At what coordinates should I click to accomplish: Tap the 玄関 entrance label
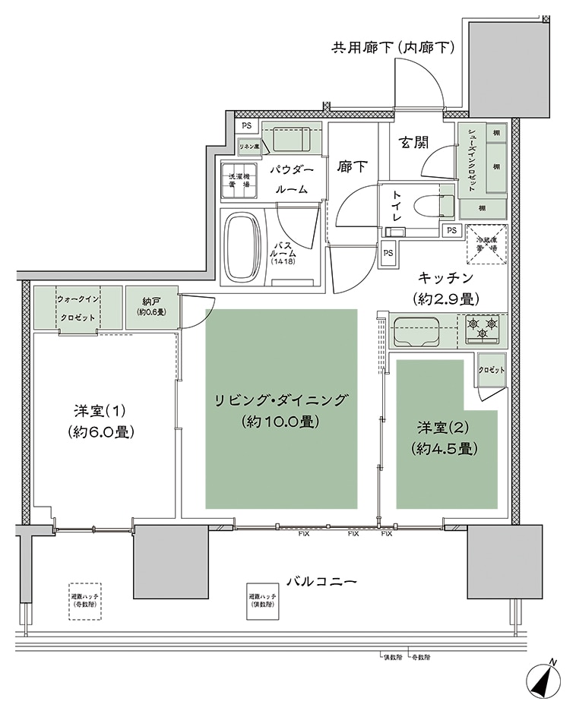coord(415,142)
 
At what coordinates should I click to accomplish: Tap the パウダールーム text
coord(286,178)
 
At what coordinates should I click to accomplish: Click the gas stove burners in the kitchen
coord(483,330)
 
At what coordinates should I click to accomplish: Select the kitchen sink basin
coord(416,331)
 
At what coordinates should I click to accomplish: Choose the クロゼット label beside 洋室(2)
coord(492,370)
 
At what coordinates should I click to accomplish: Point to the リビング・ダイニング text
coord(280,400)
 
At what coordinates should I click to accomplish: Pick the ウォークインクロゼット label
coord(78,308)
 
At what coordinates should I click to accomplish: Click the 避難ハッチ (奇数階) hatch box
coord(84,600)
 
